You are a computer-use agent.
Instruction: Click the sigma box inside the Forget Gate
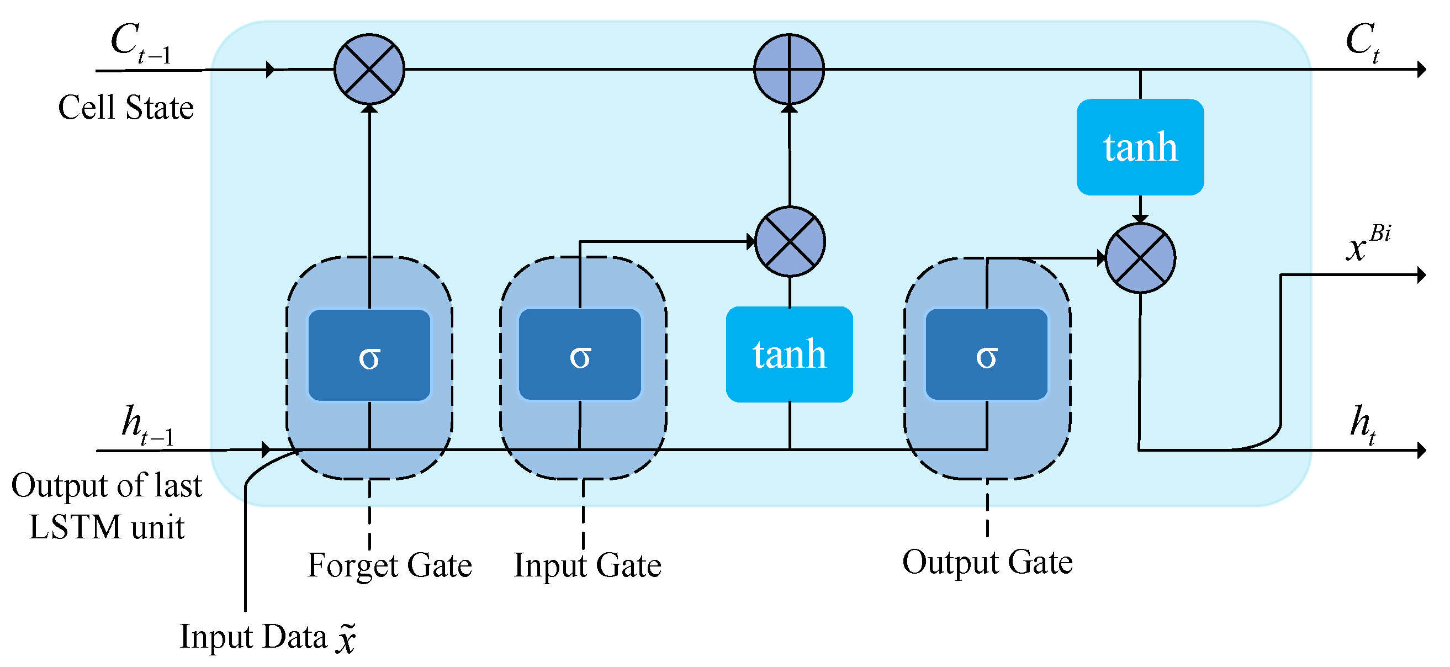click(x=369, y=356)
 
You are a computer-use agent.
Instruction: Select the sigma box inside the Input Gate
click(x=580, y=355)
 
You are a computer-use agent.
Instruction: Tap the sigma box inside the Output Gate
click(x=987, y=355)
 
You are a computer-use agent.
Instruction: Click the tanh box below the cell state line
click(x=789, y=354)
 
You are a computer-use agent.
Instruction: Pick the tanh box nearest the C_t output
click(x=1140, y=147)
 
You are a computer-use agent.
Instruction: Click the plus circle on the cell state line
click(x=789, y=69)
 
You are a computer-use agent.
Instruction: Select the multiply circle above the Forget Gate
click(x=369, y=69)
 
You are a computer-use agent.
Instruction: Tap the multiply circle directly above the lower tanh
click(x=790, y=241)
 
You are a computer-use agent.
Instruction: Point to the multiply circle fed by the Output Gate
click(x=1140, y=258)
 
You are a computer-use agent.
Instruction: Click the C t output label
click(x=1362, y=43)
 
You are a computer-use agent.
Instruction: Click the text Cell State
click(x=125, y=108)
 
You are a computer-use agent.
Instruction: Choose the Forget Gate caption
click(x=389, y=565)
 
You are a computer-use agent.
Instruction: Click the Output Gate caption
click(x=987, y=562)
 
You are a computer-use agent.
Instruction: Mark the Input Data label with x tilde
click(x=267, y=638)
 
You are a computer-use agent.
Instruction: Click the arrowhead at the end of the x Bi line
click(x=1421, y=274)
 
